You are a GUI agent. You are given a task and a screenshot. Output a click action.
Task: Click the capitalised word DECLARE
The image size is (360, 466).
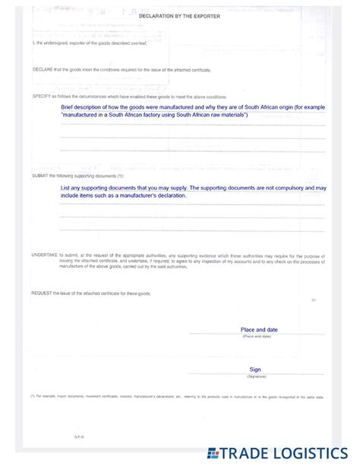coord(43,69)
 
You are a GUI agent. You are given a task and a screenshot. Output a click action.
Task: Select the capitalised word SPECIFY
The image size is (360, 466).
coord(41,97)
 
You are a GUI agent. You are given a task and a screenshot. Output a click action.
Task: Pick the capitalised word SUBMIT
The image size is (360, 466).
coord(40,175)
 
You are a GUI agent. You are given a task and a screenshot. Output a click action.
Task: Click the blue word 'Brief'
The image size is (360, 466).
coord(68,108)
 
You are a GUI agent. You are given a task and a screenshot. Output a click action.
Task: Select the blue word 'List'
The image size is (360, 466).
coord(66,188)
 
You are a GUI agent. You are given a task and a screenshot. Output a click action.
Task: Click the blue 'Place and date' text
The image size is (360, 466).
coord(258,330)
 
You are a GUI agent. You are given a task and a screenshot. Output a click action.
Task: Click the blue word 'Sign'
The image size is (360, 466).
coord(255,369)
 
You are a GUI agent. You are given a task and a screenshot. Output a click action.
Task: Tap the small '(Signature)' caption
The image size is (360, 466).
coord(256,377)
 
